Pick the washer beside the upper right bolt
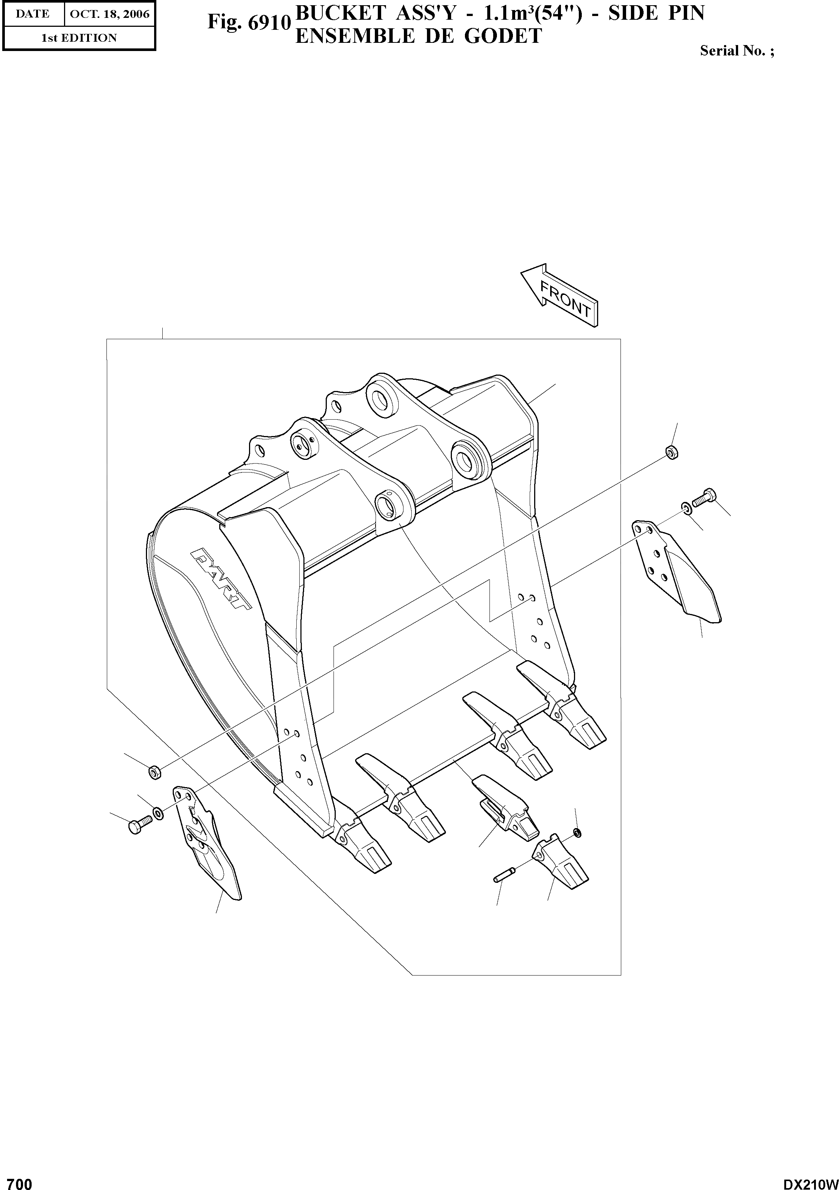point(686,507)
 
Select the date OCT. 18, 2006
point(109,14)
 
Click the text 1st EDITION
point(79,38)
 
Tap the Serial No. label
point(736,51)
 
